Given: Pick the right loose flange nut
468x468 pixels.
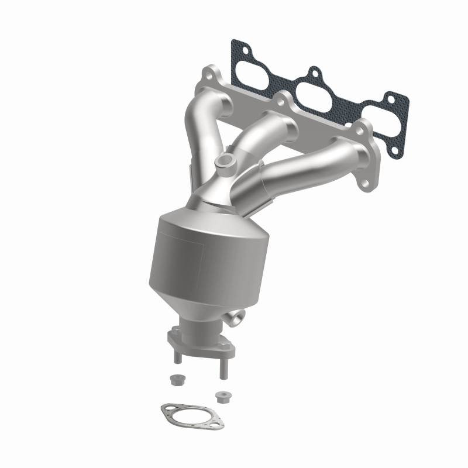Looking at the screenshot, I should [221, 395].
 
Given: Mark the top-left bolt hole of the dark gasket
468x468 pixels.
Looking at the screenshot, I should [236, 44].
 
